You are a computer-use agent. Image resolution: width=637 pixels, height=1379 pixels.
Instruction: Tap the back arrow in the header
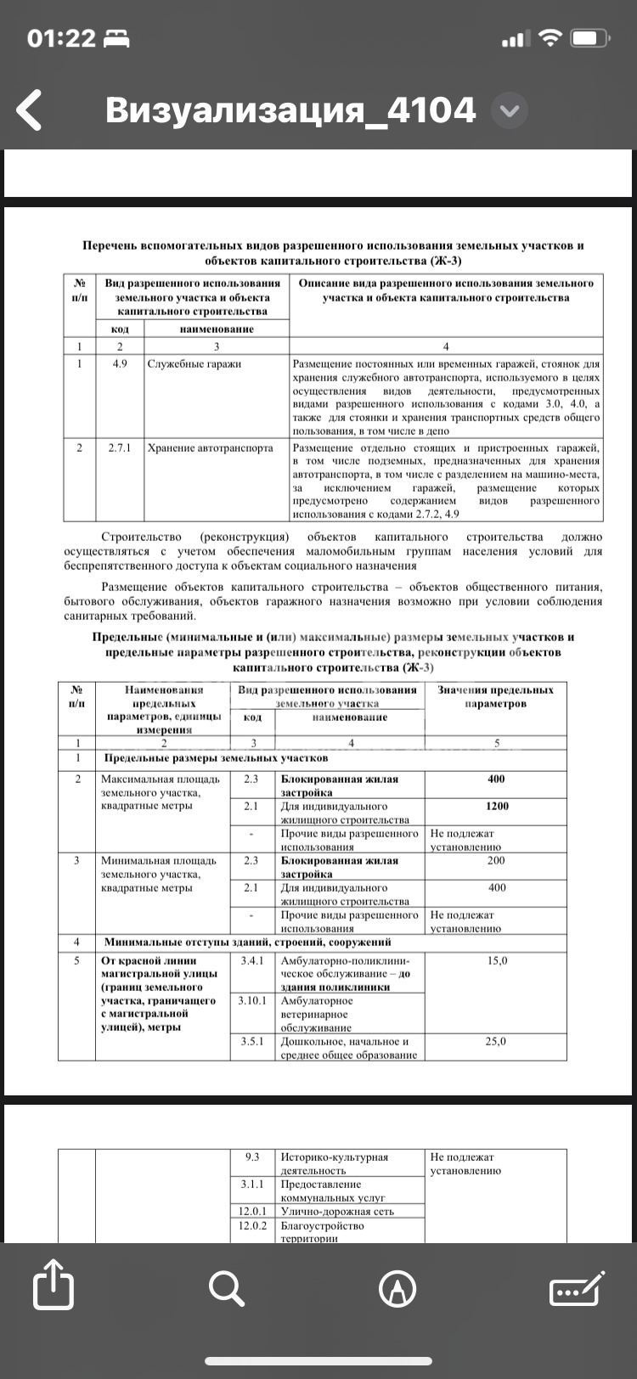[30, 110]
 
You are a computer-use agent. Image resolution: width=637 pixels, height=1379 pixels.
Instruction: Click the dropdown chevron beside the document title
[510, 111]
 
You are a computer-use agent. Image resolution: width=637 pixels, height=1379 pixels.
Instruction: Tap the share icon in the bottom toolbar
[54, 1290]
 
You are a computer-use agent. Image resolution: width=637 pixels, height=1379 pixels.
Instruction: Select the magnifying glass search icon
[226, 1289]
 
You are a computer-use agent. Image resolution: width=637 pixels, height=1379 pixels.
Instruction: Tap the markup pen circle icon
[397, 1289]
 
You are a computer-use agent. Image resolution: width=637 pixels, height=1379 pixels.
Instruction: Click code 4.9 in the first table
[120, 363]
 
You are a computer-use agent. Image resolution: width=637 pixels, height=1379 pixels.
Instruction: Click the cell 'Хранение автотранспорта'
[211, 447]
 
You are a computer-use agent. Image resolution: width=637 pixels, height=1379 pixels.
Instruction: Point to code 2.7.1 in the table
[120, 447]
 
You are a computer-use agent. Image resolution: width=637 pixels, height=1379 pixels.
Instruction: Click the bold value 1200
[497, 806]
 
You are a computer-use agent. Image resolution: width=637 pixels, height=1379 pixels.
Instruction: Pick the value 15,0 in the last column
[497, 960]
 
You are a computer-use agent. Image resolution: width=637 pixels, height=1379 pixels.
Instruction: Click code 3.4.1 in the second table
[252, 960]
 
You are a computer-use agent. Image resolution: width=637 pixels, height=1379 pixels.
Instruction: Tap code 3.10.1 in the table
[252, 1000]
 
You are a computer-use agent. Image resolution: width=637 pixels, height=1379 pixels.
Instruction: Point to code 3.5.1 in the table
[252, 1041]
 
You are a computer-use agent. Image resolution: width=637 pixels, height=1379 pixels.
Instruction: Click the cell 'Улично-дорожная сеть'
[337, 1212]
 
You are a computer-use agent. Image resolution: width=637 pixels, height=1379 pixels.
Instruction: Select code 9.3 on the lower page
[252, 1157]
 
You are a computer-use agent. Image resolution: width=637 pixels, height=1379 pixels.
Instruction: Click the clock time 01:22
[61, 38]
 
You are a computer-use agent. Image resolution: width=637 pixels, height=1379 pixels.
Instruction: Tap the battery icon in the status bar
[591, 38]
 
